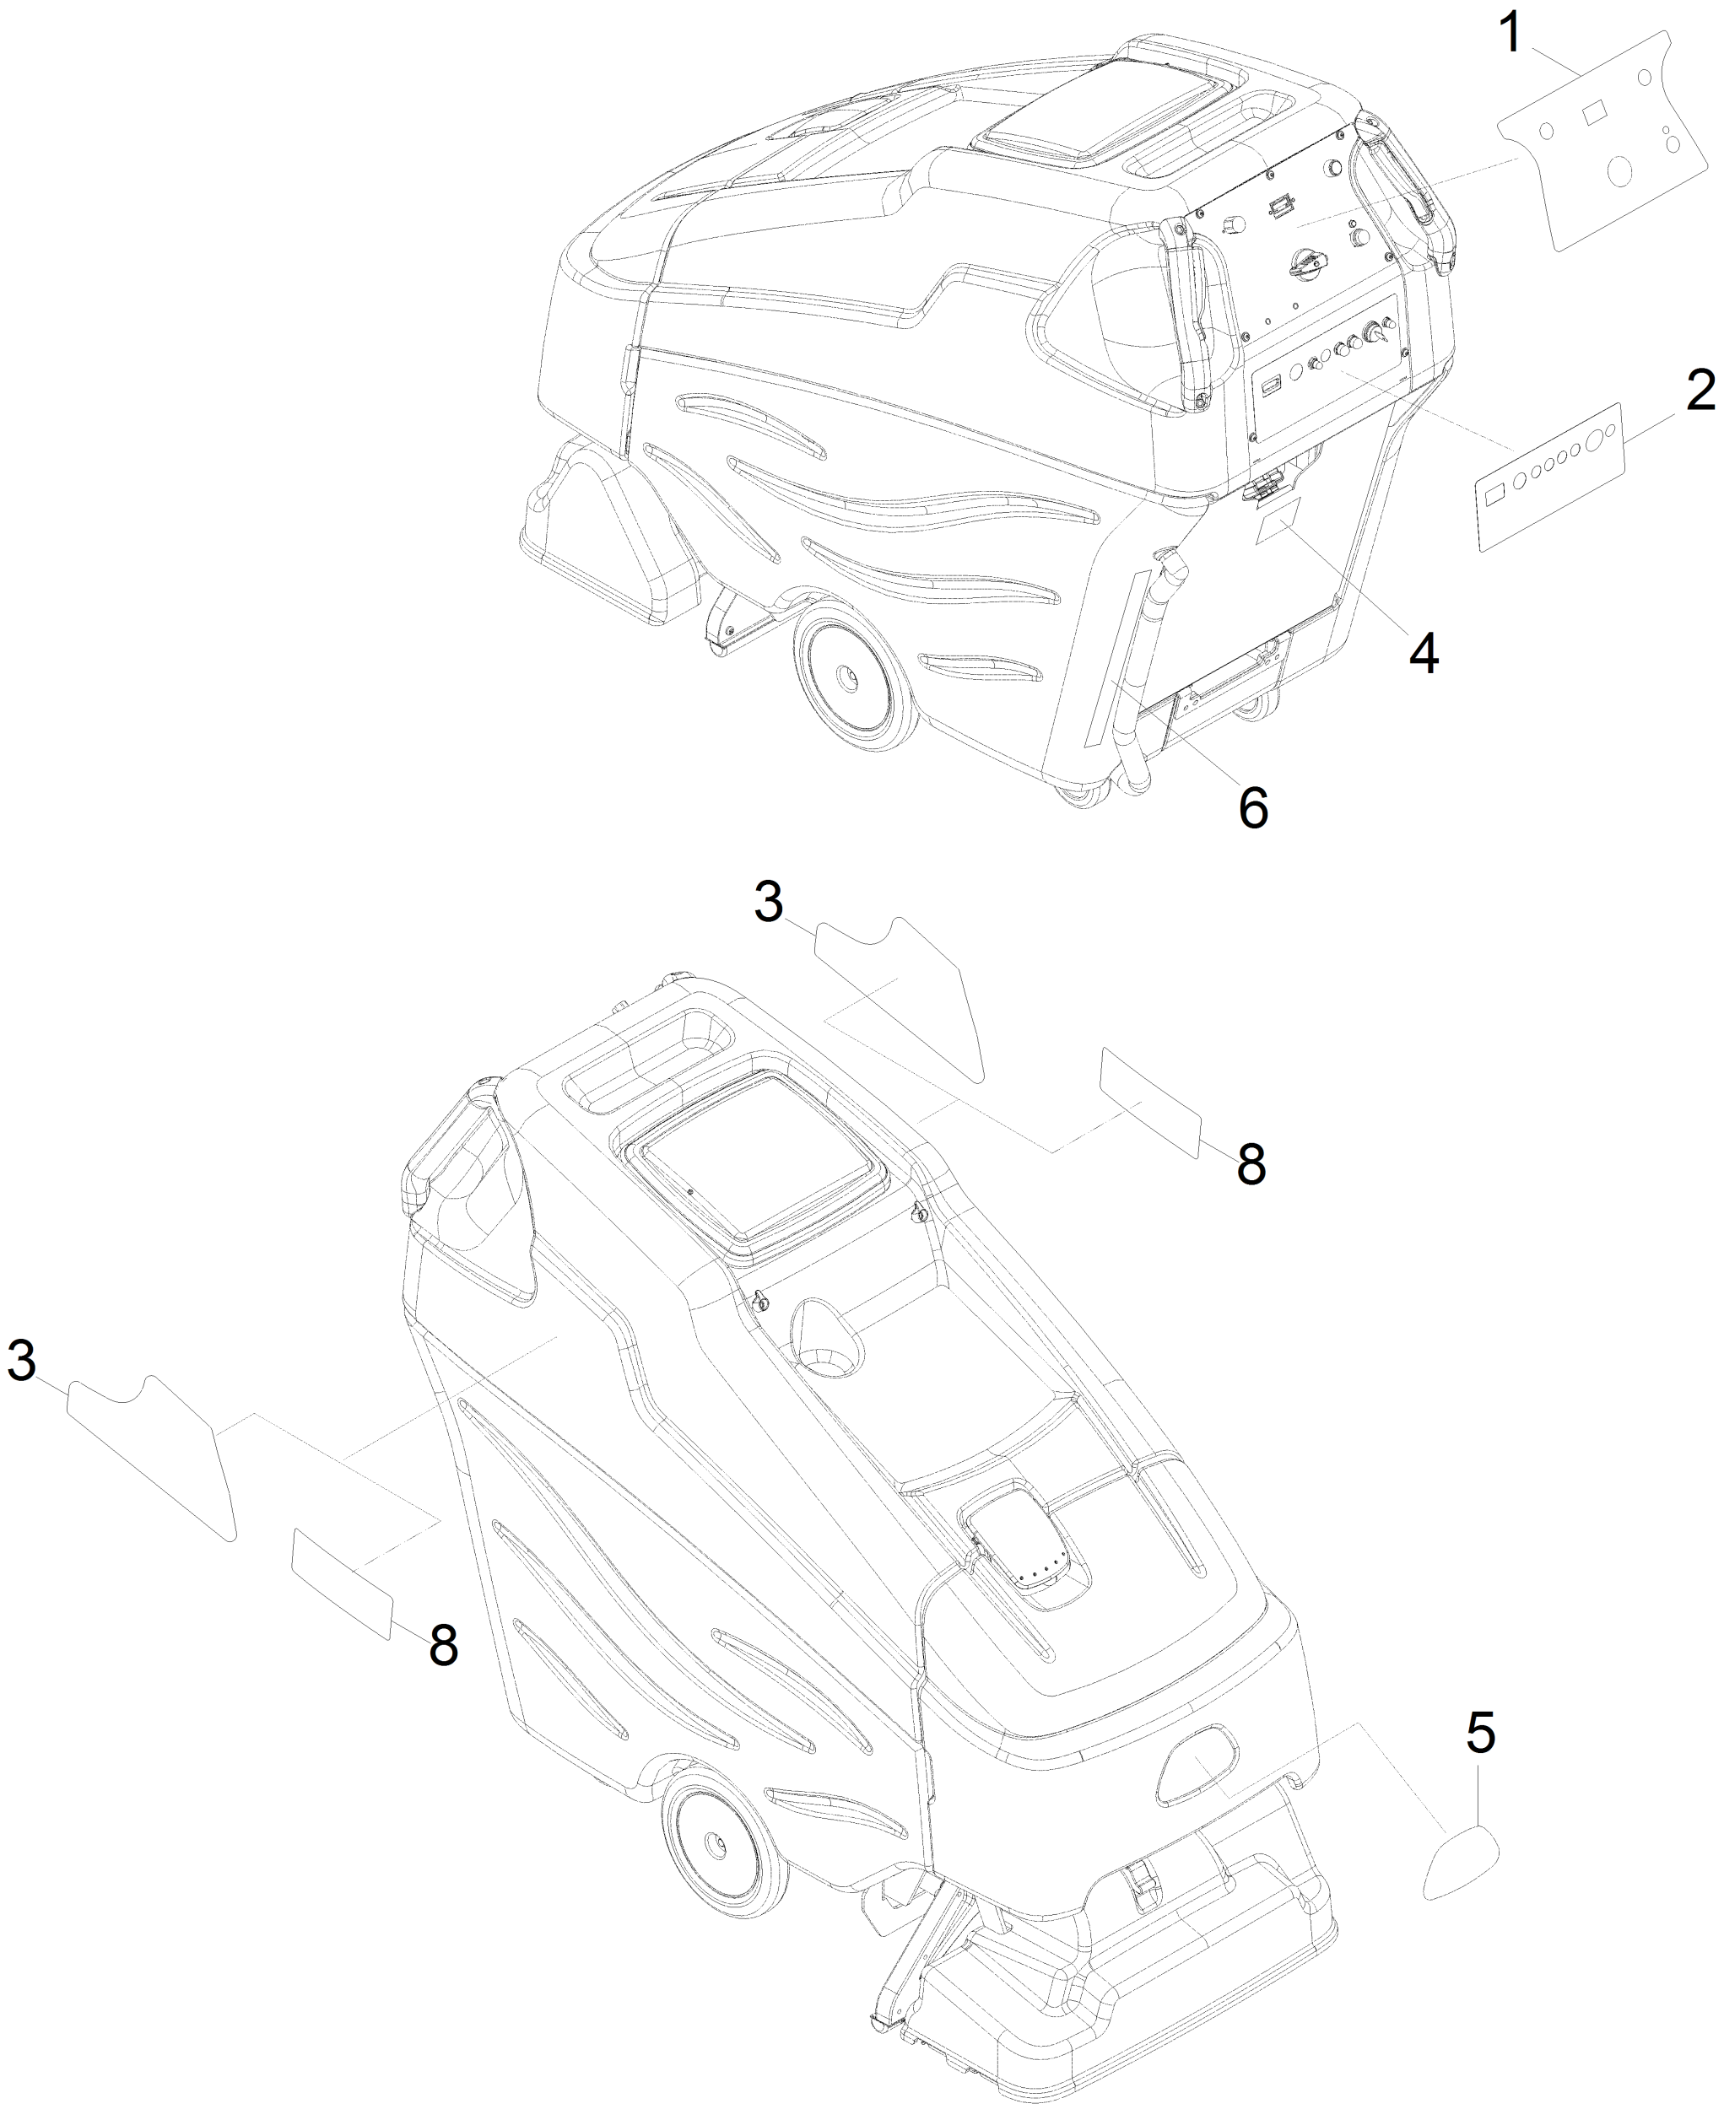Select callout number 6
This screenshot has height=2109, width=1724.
tap(1253, 807)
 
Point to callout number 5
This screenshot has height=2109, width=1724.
tap(1479, 1734)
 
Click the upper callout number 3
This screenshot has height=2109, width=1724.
tap(769, 903)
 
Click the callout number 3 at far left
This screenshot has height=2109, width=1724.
tap(22, 1359)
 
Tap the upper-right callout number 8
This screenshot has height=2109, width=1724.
tap(1251, 1162)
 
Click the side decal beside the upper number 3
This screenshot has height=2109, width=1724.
tap(899, 993)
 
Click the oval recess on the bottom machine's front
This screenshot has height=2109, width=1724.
tap(1198, 1766)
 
